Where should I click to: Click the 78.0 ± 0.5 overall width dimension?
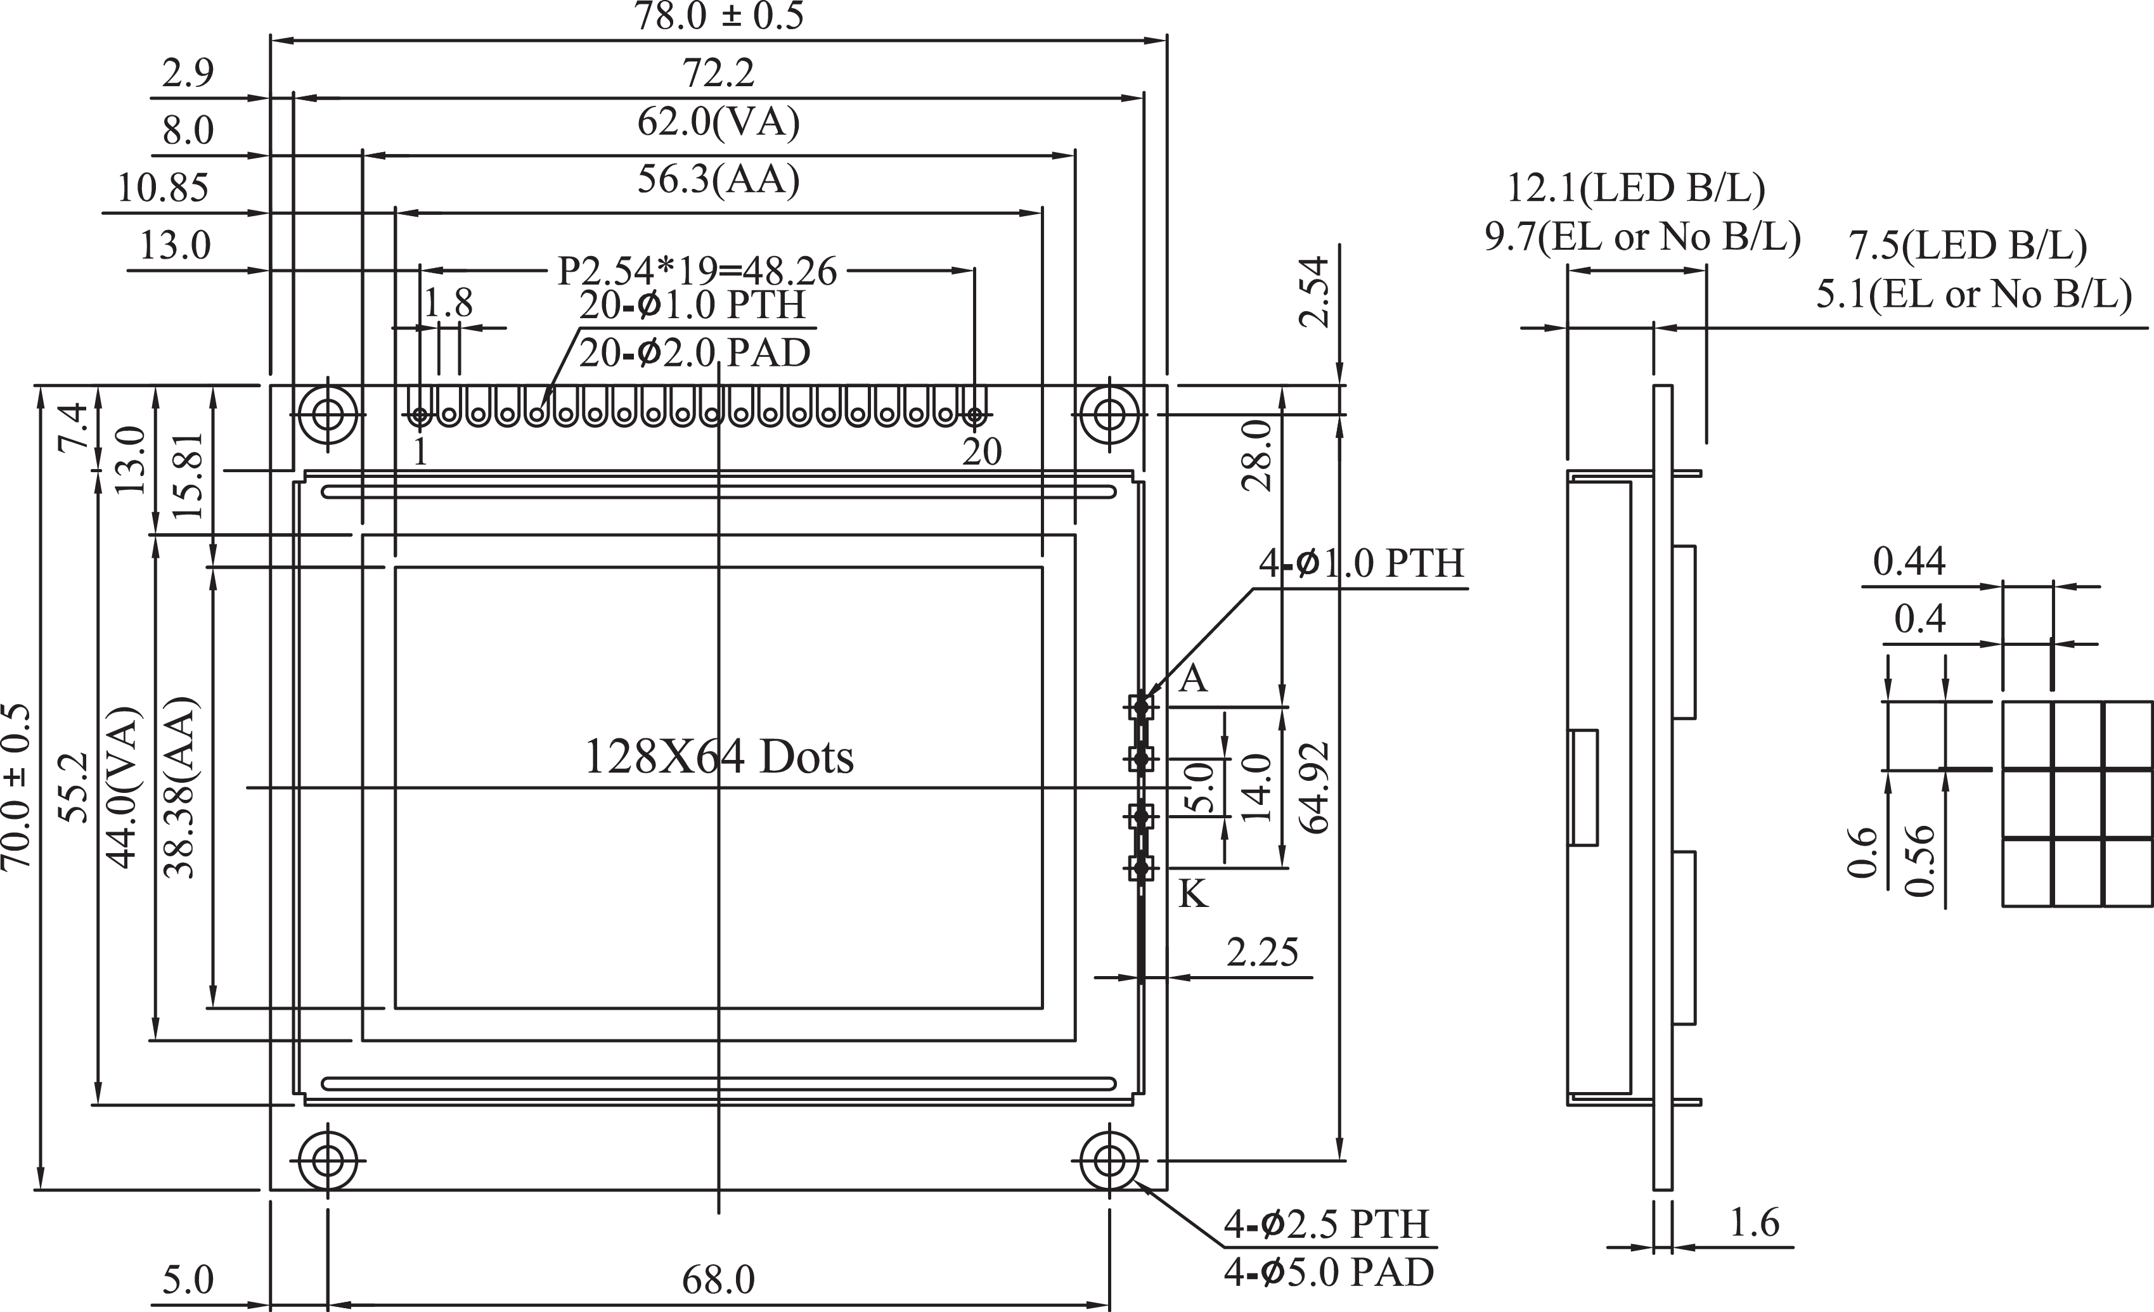point(719,16)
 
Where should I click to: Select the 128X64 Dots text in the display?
point(719,757)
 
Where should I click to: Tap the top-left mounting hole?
point(328,413)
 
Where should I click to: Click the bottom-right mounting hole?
point(1109,1162)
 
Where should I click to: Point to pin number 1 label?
point(420,452)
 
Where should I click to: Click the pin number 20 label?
point(982,452)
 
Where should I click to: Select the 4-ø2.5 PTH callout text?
point(1326,1224)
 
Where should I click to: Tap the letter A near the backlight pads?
point(1193,678)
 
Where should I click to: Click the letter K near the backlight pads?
point(1193,894)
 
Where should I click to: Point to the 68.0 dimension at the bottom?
point(719,1280)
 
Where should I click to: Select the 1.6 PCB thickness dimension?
point(1755,1222)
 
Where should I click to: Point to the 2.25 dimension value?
point(1261,953)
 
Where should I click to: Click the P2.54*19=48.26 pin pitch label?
point(697,271)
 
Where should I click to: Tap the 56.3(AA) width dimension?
point(719,179)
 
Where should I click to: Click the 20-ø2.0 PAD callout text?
point(695,353)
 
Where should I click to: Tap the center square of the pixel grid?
point(2077,804)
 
